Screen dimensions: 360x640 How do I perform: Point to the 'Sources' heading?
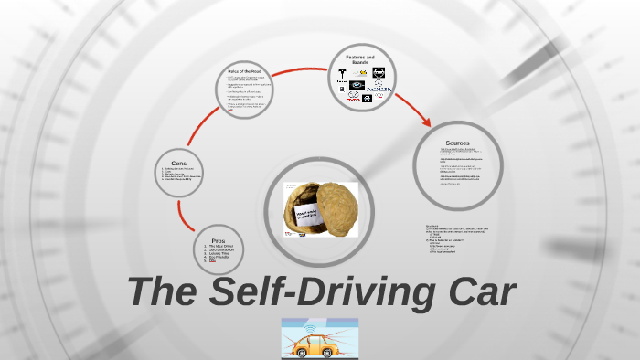tap(457, 143)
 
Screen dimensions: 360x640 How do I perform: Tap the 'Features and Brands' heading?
tap(359, 59)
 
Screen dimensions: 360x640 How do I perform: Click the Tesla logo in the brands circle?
tap(343, 73)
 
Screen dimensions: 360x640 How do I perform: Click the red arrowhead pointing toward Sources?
tap(426, 122)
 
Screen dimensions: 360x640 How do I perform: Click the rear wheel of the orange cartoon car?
tap(303, 354)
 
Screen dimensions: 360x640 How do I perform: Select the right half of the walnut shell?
tap(337, 206)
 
